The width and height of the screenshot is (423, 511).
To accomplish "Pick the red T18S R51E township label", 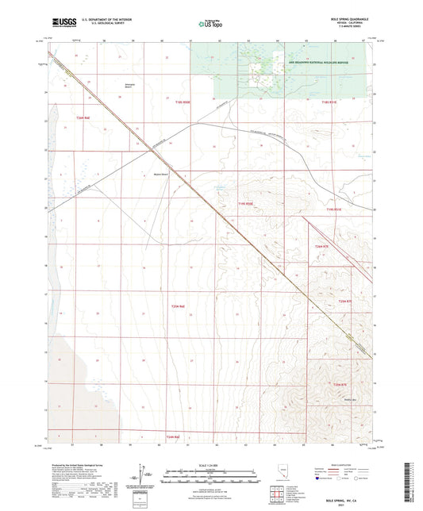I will [329, 102].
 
